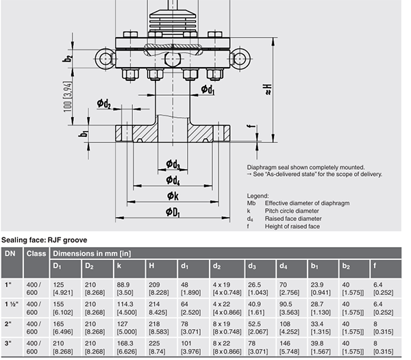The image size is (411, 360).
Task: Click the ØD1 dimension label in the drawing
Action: click(x=173, y=212)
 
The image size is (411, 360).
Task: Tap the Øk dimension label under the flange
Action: click(x=173, y=196)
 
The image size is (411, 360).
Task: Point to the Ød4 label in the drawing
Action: click(x=173, y=180)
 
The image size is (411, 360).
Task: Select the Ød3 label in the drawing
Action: click(x=173, y=164)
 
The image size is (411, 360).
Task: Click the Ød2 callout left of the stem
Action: click(x=104, y=103)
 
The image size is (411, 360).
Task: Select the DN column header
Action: click(x=10, y=253)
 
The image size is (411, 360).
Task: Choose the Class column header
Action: click(x=35, y=253)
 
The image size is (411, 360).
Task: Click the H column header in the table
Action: click(x=151, y=266)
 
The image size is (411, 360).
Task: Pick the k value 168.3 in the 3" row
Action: click(x=125, y=344)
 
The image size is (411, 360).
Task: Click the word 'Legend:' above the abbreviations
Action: click(x=258, y=196)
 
